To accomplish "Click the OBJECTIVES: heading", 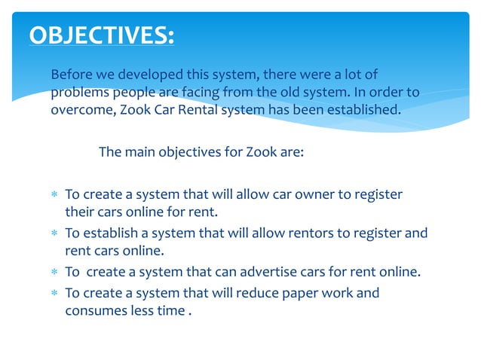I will click(101, 35).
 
